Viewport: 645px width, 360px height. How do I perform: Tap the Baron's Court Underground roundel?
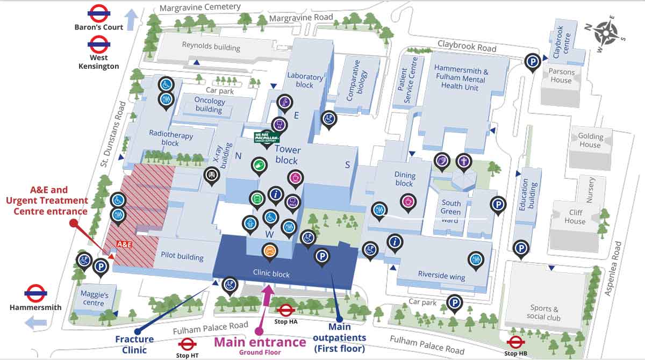coord(99,12)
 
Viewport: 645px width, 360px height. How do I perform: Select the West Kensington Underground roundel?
coord(99,44)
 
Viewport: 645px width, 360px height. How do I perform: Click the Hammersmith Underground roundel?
coord(35,293)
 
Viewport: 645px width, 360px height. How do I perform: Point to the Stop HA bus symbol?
coord(285,310)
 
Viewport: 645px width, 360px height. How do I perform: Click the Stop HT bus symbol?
coord(187,344)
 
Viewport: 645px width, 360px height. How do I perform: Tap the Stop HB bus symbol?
coord(515,342)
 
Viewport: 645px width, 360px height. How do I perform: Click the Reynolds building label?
coord(211,46)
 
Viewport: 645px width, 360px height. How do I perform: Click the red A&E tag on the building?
coord(124,244)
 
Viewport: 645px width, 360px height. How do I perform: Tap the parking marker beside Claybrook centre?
coord(533,61)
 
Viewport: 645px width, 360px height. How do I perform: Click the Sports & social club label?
coord(543,312)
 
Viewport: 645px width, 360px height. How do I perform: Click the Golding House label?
coord(590,140)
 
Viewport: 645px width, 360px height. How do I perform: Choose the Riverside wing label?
coord(441,275)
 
